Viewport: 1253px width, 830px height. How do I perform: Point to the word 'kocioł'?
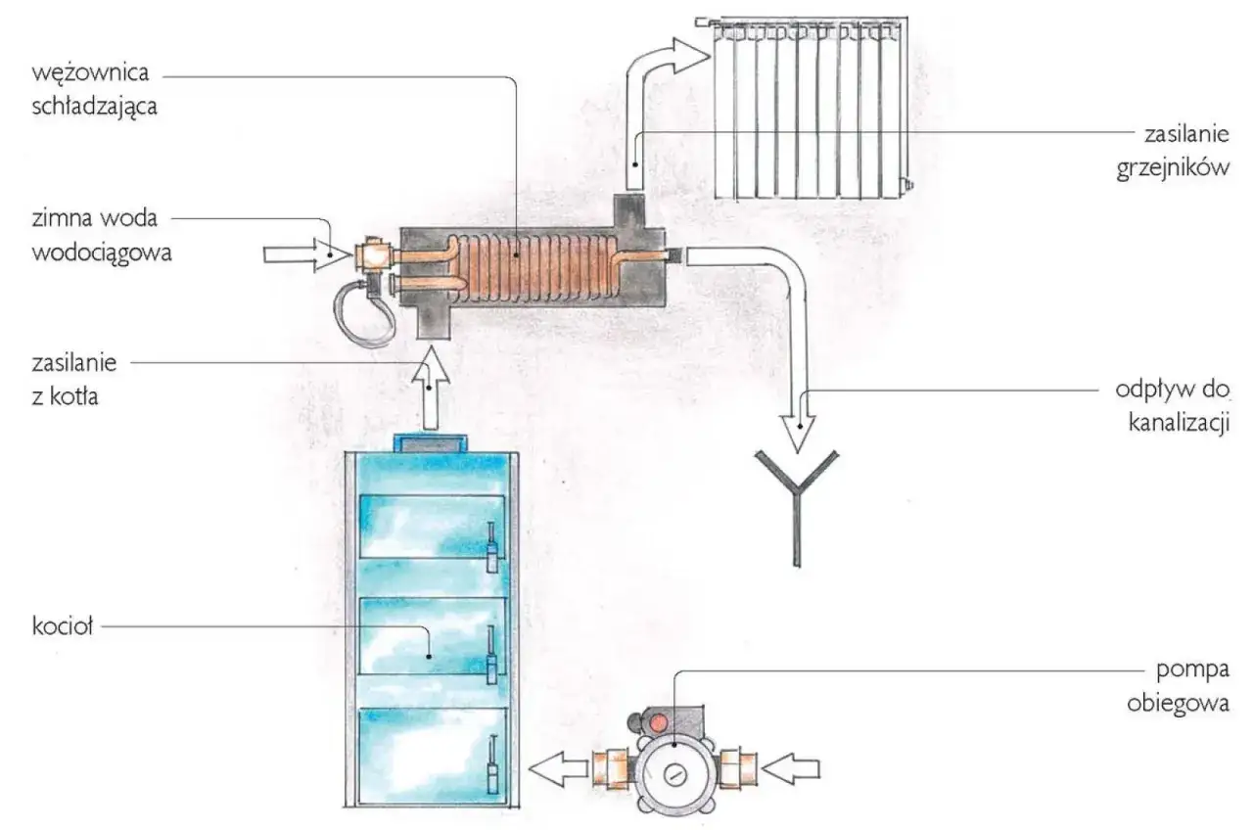61,627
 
